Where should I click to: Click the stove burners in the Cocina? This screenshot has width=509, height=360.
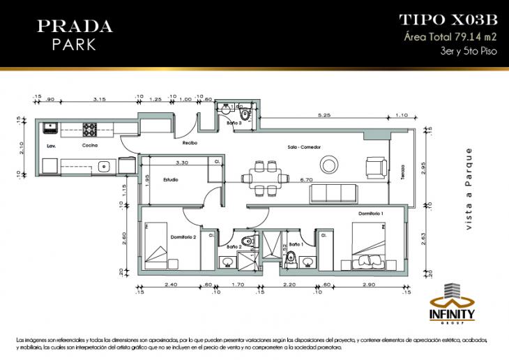pyautogui.click(x=90, y=129)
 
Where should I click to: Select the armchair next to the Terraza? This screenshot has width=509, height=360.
pyautogui.click(x=377, y=167)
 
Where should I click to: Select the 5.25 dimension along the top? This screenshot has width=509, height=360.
pyautogui.click(x=323, y=114)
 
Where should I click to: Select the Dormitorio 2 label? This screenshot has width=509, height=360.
pyautogui.click(x=183, y=237)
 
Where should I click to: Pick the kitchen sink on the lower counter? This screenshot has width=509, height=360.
pyautogui.click(x=102, y=166)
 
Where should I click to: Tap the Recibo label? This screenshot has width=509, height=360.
pyautogui.click(x=190, y=143)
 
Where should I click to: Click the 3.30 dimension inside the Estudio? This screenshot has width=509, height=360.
pyautogui.click(x=162, y=162)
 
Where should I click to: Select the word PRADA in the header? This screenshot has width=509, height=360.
pyautogui.click(x=75, y=27)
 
